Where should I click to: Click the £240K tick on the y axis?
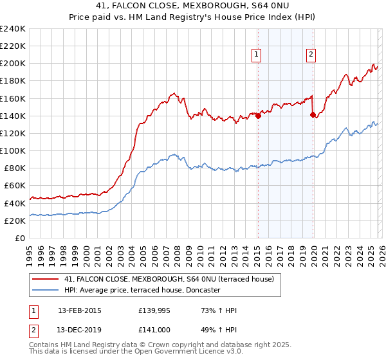[x=13, y=29]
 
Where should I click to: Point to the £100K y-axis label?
[x=13, y=150]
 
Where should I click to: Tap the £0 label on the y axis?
[x=21, y=238]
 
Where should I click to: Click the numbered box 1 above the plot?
[x=257, y=55]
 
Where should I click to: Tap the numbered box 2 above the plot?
[x=311, y=55]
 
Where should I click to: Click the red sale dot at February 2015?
[x=257, y=116]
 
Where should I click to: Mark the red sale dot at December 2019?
[x=313, y=115]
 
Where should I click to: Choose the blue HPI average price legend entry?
[x=142, y=290]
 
